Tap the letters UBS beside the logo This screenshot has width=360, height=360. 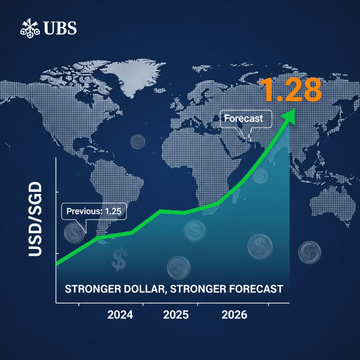[60, 29]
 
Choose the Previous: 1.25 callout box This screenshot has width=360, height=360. [94, 211]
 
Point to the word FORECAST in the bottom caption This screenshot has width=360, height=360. [254, 288]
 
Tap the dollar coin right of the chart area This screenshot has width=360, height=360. [309, 253]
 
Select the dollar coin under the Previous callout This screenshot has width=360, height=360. [74, 233]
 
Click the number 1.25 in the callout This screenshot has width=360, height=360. [113, 211]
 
